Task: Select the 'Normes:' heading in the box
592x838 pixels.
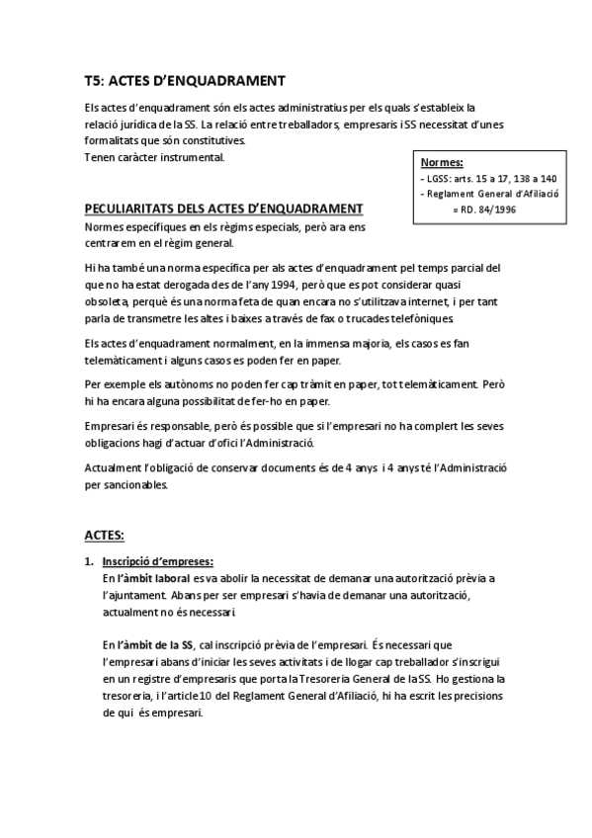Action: (x=441, y=162)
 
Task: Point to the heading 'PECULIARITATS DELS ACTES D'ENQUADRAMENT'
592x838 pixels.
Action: (x=223, y=208)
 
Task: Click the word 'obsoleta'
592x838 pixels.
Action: (x=107, y=300)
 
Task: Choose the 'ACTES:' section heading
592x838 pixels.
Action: (x=104, y=535)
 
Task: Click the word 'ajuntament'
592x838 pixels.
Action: (x=136, y=595)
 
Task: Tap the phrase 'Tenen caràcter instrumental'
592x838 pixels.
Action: (x=154, y=156)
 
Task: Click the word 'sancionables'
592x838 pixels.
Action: (x=135, y=485)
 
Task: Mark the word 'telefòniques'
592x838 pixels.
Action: (x=413, y=318)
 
